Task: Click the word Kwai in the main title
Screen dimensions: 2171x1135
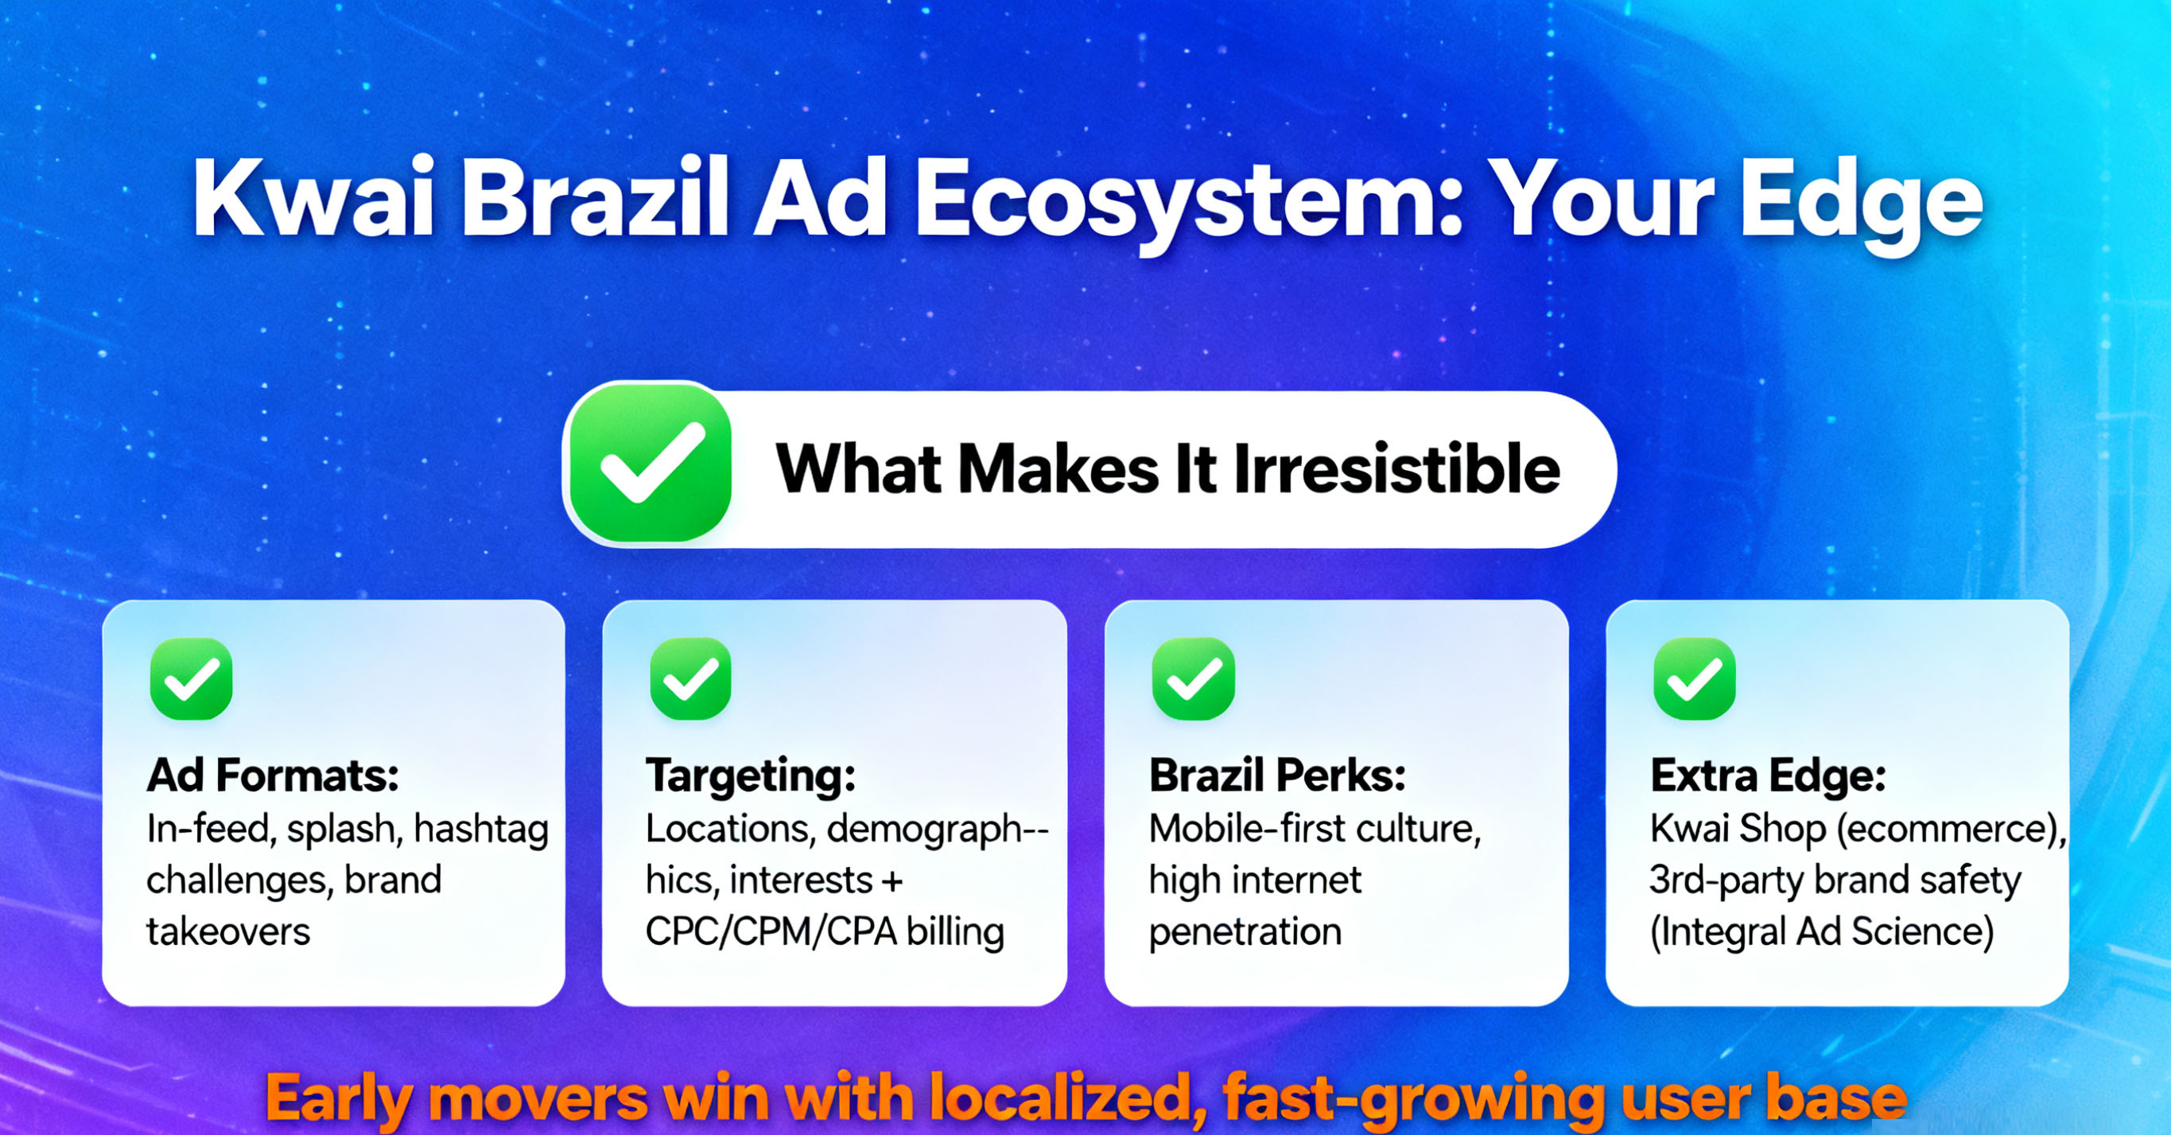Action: coord(313,199)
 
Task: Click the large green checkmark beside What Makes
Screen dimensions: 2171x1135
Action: coord(650,463)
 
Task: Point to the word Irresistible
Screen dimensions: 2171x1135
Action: coord(1396,468)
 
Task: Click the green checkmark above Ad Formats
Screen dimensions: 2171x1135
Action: coord(192,678)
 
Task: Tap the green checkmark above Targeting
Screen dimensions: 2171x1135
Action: coord(691,678)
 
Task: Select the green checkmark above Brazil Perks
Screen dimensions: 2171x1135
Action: coord(1194,678)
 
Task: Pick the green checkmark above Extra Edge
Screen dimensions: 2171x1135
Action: coord(1695,678)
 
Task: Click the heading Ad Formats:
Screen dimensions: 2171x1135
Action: coord(273,775)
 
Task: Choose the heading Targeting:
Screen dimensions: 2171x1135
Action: coord(751,776)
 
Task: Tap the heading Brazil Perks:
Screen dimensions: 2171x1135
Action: coord(1278,775)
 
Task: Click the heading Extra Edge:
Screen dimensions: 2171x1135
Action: coord(1768,776)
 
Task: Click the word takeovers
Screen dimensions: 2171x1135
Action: coord(228,932)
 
